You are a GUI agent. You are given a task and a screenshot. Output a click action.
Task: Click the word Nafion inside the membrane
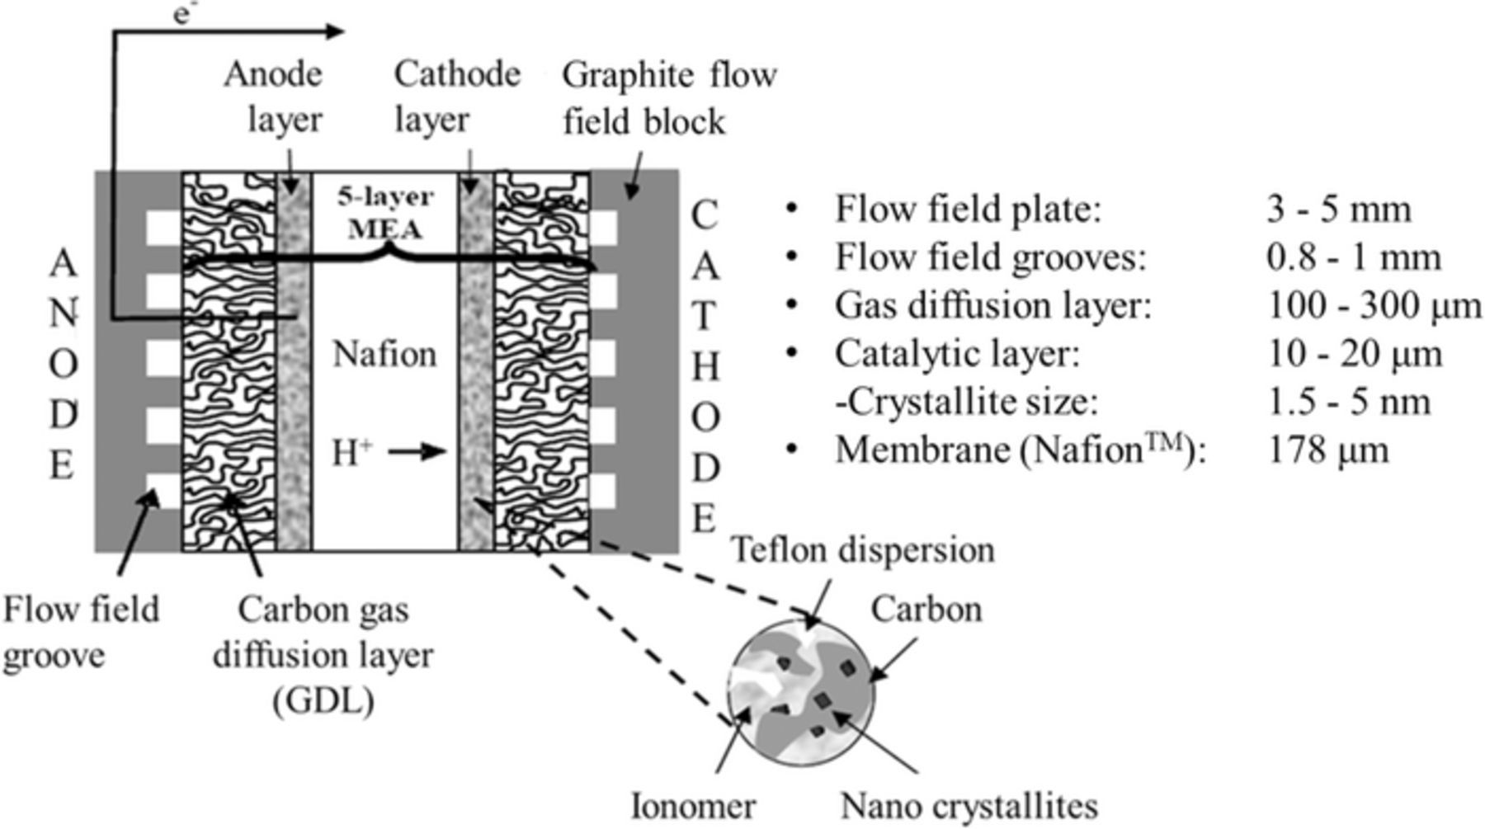pos(384,355)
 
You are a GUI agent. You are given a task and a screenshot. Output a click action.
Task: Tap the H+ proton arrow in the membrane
pos(417,452)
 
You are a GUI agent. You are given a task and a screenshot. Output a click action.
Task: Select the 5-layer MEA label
pos(384,212)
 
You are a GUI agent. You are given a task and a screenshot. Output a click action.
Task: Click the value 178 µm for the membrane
pos(1327,450)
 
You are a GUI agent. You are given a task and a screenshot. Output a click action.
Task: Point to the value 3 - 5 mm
pos(1337,210)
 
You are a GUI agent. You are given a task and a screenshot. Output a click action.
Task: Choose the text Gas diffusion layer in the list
pos(992,306)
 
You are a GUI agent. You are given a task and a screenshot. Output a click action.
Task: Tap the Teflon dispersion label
pos(863,550)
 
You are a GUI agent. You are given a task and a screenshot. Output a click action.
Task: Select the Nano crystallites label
pos(969,806)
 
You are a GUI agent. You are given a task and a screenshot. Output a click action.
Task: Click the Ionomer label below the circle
pos(692,806)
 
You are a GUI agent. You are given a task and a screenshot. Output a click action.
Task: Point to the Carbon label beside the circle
pos(926,610)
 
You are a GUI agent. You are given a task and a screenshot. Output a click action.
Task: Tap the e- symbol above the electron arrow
pos(183,15)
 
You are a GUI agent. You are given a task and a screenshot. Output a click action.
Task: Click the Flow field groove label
pos(80,633)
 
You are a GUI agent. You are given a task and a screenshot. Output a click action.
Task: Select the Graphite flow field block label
pos(668,97)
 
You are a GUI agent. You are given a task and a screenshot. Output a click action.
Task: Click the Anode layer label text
pos(274,97)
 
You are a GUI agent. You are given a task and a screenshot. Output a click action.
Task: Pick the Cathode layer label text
pos(456,97)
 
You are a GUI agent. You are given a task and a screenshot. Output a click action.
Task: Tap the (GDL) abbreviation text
pos(323,701)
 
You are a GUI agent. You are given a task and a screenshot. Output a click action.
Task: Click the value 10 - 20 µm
pos(1354,355)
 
